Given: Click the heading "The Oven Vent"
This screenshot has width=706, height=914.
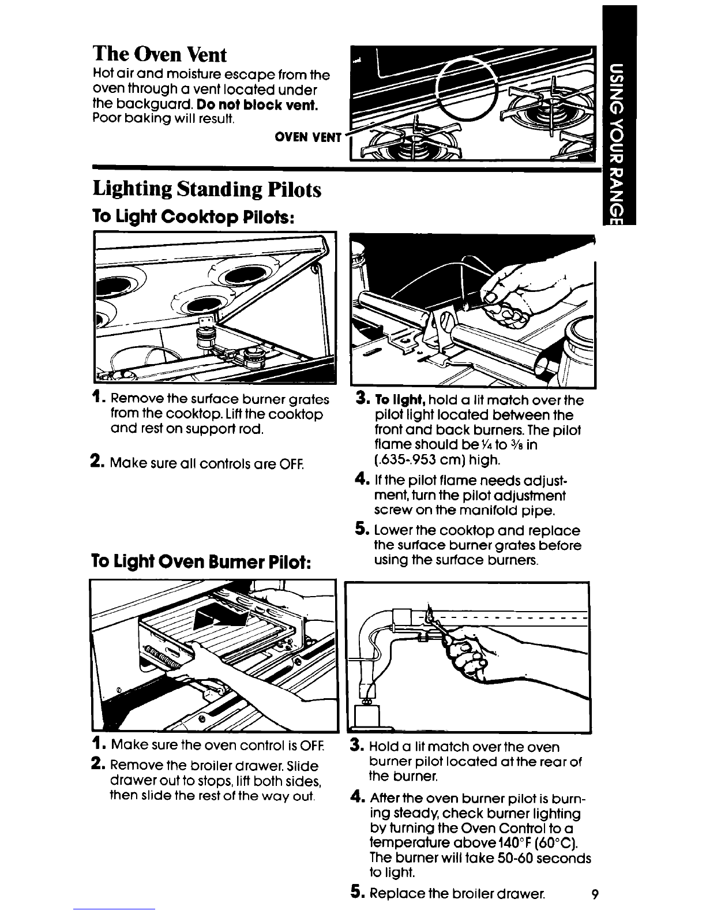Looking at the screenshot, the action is tap(160, 54).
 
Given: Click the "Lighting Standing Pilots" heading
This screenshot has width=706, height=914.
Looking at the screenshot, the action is tap(207, 189).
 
